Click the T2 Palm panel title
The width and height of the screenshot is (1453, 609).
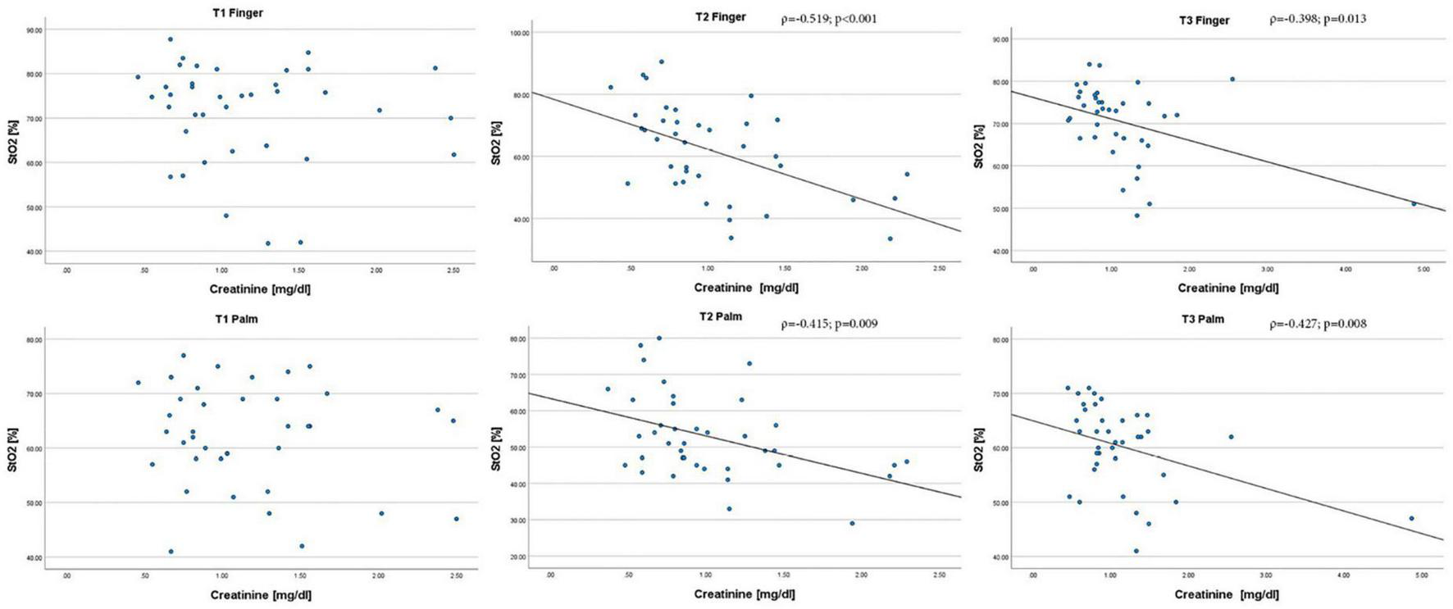pyautogui.click(x=718, y=316)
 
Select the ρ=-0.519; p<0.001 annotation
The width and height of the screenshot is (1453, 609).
pyautogui.click(x=828, y=18)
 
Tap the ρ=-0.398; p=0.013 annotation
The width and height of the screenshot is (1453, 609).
pyautogui.click(x=1318, y=18)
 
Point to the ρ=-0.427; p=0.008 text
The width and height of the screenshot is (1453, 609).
pyautogui.click(x=1318, y=324)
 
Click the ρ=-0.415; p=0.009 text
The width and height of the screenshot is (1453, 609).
pyautogui.click(x=828, y=324)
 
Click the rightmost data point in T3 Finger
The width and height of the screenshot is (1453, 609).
pyautogui.click(x=1414, y=203)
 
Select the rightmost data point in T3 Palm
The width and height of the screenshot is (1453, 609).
pyautogui.click(x=1411, y=518)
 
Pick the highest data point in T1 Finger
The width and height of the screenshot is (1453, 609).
pyautogui.click(x=170, y=39)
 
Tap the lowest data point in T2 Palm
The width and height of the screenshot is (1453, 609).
pyautogui.click(x=852, y=523)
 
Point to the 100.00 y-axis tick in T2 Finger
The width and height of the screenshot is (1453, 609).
pyautogui.click(x=520, y=33)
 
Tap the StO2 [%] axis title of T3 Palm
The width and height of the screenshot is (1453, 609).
pyautogui.click(x=978, y=448)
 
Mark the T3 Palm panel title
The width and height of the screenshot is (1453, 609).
pyautogui.click(x=1203, y=319)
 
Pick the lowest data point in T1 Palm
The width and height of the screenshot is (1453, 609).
pyautogui.click(x=171, y=552)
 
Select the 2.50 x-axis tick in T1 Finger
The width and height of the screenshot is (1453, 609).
pyautogui.click(x=454, y=270)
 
